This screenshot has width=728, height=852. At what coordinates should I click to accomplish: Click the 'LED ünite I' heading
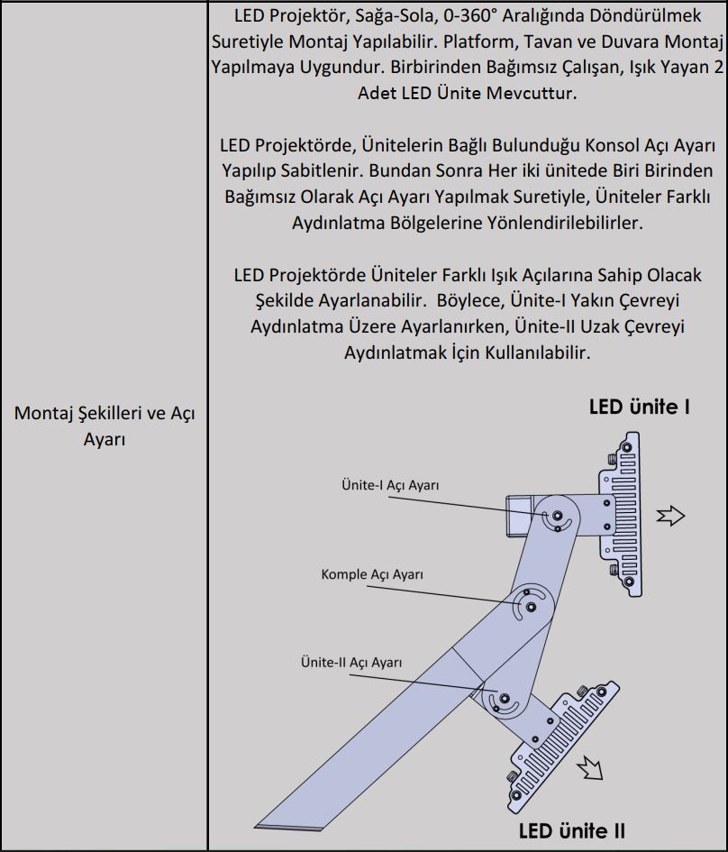639,407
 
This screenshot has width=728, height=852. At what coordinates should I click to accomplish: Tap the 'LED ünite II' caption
571,829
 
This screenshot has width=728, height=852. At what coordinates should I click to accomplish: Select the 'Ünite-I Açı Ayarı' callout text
390,485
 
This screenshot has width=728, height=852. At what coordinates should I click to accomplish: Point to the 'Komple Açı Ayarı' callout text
372,573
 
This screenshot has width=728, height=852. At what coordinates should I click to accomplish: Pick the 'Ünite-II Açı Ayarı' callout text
351,662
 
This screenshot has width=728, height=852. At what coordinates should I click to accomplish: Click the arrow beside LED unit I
671,516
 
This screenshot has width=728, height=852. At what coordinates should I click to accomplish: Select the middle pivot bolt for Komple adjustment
531,607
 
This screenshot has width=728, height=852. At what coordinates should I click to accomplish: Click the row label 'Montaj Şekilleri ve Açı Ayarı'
105,426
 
